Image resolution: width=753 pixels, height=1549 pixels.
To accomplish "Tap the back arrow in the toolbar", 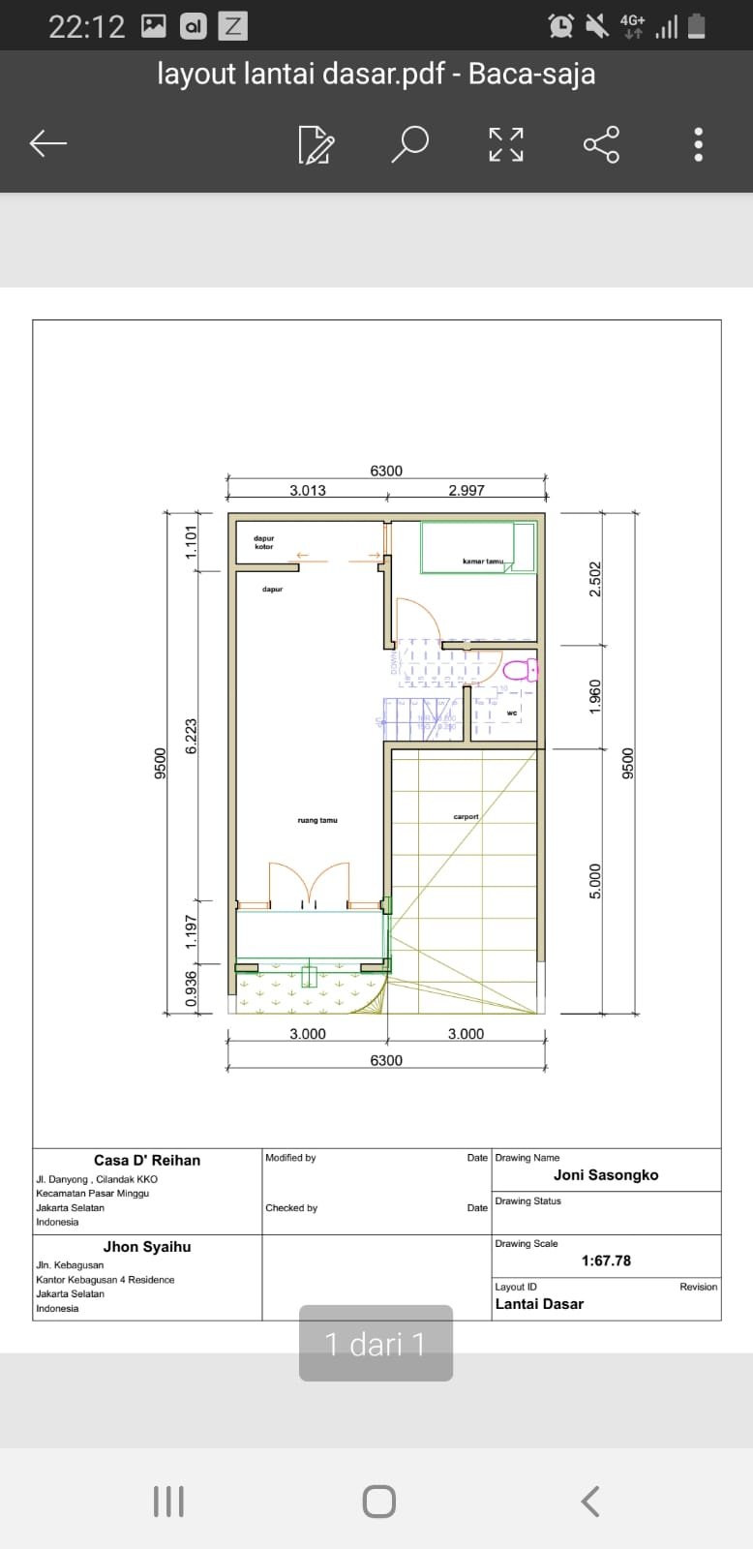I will point(47,144).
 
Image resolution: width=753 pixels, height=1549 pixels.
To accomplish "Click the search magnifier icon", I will point(409,144).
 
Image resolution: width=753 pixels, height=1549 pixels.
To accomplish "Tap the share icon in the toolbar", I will point(601,144).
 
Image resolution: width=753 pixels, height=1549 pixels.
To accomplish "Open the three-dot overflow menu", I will point(698,144).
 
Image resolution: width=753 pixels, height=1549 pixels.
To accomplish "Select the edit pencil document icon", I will point(316,144).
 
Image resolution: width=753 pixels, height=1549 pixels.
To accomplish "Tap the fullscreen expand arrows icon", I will point(505,144).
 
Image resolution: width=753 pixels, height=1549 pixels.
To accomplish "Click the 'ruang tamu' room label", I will point(317,820).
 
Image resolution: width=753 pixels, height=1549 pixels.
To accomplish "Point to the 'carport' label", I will point(466,816).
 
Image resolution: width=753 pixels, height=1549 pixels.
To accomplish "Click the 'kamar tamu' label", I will point(482,562).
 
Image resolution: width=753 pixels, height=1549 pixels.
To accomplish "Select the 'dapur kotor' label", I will point(264,542).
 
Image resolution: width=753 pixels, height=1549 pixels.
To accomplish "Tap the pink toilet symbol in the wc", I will point(520,669).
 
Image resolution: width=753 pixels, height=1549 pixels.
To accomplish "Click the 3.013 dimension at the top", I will point(308,490).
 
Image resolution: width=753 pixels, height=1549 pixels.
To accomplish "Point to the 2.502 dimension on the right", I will point(595,579).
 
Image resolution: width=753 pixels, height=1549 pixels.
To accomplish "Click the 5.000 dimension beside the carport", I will point(595,881).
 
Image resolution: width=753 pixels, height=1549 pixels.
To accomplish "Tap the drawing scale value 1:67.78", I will point(606,1260).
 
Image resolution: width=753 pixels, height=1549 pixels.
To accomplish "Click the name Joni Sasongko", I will point(606,1174).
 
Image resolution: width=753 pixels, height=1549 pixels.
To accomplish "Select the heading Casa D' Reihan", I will point(147,1160).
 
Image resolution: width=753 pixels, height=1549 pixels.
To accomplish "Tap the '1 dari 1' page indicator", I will point(376,1344).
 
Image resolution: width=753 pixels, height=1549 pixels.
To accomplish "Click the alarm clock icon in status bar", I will point(560,26).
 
